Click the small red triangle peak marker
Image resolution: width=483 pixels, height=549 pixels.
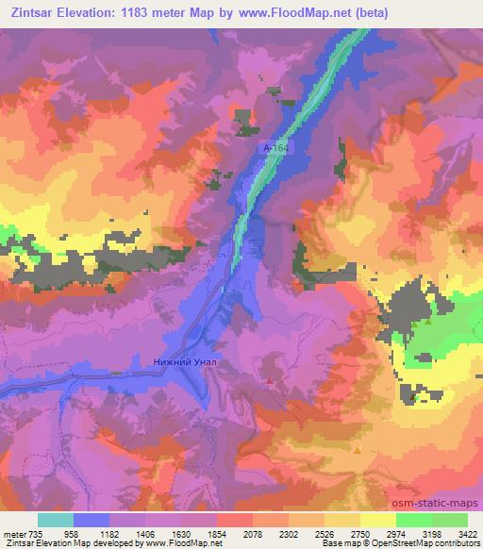coord(271,382)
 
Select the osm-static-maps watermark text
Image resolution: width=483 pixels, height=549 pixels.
coord(444,503)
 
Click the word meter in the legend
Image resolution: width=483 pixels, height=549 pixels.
coord(14,533)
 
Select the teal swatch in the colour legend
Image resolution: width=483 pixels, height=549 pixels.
coord(56,520)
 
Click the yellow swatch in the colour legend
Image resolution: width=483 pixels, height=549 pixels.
coord(378,520)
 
